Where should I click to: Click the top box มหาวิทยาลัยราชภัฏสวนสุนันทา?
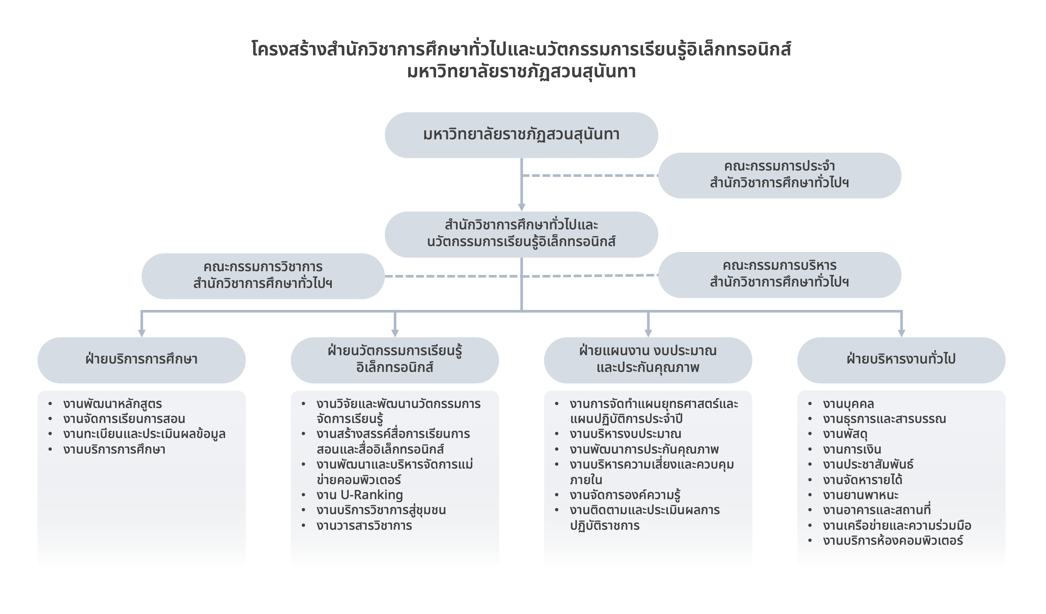(521, 135)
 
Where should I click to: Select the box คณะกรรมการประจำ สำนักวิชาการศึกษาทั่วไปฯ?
(779, 175)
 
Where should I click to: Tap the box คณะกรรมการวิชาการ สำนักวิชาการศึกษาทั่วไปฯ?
(263, 276)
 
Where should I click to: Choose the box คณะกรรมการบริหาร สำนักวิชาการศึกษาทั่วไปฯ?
(779, 274)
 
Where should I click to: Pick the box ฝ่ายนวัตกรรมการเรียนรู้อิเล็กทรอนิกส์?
(394, 360)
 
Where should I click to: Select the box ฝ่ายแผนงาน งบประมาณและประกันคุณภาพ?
(648, 360)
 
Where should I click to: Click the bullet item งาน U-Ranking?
(359, 495)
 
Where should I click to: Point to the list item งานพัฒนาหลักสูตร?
(113, 404)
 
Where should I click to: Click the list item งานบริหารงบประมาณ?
(625, 434)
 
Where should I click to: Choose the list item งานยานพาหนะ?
(861, 495)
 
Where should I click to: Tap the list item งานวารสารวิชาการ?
(364, 526)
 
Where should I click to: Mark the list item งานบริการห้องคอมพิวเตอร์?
(893, 540)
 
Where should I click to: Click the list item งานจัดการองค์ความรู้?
(625, 495)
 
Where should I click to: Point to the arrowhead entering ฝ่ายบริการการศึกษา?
(142, 333)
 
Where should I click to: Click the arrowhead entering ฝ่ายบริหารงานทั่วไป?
(901, 333)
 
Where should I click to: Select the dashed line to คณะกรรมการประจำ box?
(589, 176)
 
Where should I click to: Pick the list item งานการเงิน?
(852, 449)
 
